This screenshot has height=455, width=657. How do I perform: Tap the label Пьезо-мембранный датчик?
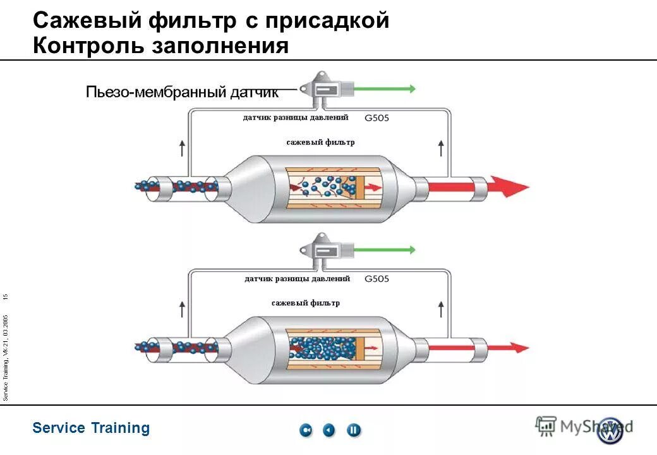(x=182, y=92)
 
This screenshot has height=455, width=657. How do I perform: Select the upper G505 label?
(x=377, y=118)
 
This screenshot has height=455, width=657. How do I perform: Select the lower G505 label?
(x=377, y=279)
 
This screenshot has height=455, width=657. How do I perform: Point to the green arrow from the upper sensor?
(x=385, y=89)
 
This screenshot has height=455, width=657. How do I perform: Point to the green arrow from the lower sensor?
(x=385, y=250)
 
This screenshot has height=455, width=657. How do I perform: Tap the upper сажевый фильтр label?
(x=320, y=142)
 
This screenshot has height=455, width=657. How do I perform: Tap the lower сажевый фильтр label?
(x=306, y=303)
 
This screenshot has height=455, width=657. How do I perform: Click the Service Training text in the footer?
(x=91, y=428)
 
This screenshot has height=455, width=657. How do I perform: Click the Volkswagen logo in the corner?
(x=610, y=430)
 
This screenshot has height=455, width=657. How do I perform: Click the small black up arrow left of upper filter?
(x=183, y=149)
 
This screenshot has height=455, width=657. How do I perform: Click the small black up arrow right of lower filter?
(x=441, y=310)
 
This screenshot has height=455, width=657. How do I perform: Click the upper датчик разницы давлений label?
(x=296, y=118)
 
